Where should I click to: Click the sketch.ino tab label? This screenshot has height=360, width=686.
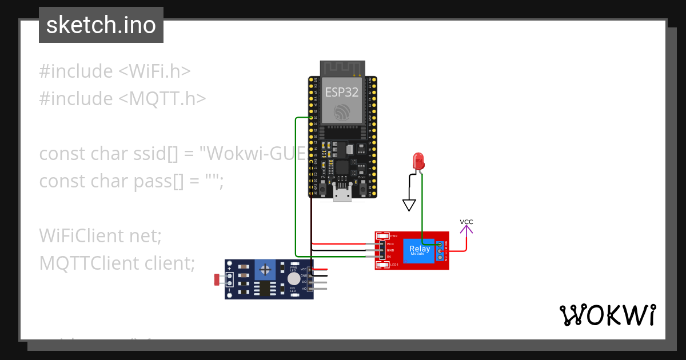[101, 25]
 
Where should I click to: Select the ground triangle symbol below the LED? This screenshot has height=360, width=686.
[409, 205]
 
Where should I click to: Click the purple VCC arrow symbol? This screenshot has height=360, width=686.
[467, 230]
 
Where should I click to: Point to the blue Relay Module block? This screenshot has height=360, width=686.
[420, 250]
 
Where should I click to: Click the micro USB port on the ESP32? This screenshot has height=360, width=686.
[343, 195]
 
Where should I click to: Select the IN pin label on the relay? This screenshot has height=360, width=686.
[390, 257]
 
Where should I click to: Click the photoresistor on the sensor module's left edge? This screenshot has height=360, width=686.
[218, 279]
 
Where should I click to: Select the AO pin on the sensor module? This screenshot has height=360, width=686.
[304, 289]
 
